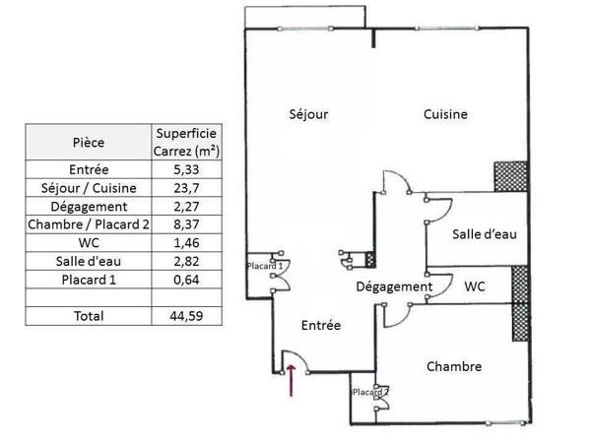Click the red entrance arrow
(291, 380)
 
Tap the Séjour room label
(308, 114)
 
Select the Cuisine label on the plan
(445, 114)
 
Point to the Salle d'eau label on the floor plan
(485, 234)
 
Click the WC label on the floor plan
(475, 286)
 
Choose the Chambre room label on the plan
(454, 366)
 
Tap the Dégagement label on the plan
(394, 287)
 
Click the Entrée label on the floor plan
(321, 325)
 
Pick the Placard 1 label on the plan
(265, 266)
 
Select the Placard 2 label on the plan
(371, 392)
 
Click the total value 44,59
(186, 316)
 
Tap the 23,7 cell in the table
(186, 188)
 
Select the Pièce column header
(89, 143)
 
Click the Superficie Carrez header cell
(186, 142)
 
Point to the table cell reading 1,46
(186, 242)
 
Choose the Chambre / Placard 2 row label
(89, 224)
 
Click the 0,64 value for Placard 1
(186, 280)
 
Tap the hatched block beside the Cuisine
(510, 176)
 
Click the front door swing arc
(300, 356)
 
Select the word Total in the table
(89, 316)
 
